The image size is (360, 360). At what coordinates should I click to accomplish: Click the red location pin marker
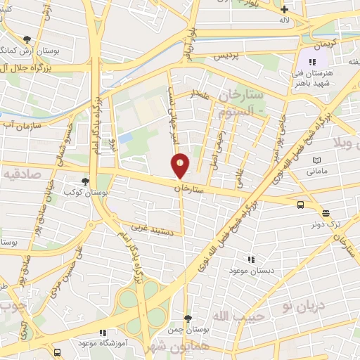click(x=181, y=167)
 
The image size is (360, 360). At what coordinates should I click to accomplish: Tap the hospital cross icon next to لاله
click(x=284, y=9)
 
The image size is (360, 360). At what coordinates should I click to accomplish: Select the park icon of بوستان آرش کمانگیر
click(x=27, y=39)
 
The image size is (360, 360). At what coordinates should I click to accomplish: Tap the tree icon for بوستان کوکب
click(x=85, y=181)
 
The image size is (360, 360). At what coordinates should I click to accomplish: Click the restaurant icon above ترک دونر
click(x=326, y=213)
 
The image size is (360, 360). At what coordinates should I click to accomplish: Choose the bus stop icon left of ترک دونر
click(x=301, y=205)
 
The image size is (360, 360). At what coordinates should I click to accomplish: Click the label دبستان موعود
click(x=256, y=270)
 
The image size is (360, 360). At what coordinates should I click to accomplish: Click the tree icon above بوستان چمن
click(x=187, y=319)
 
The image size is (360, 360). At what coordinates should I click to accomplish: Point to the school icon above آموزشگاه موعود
click(x=103, y=333)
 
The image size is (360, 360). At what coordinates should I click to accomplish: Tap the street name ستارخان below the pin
click(x=188, y=189)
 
